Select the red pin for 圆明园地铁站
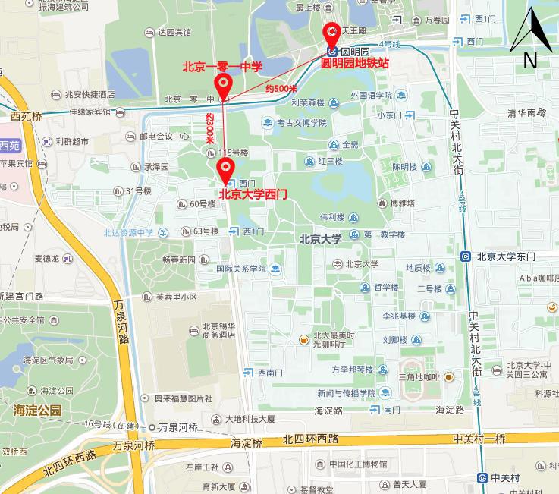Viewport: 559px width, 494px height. (331, 34)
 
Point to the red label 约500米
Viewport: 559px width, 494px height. (281, 89)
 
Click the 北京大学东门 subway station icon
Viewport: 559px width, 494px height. (466, 257)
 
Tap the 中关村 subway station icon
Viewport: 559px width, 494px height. (482, 477)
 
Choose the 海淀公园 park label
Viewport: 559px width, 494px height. (37, 410)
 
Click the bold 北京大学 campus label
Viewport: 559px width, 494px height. (320, 239)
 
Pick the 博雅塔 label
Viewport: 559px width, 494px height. (403, 203)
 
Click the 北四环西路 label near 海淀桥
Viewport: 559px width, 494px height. (310, 439)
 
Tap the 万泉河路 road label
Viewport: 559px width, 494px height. (121, 323)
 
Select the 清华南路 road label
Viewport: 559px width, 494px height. (526, 112)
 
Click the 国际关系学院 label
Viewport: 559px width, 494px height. (240, 268)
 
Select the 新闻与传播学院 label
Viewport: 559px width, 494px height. (347, 393)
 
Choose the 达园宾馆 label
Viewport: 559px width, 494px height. (174, 33)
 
